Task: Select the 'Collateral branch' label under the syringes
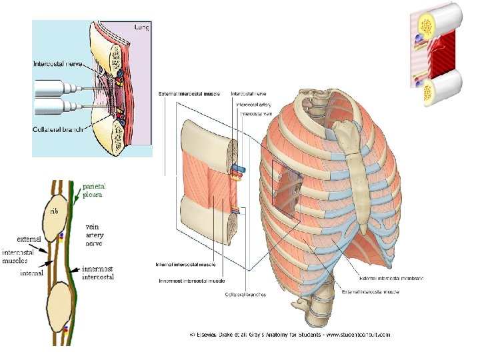click(x=59, y=129)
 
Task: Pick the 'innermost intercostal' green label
click(x=98, y=272)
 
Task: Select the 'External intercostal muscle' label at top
click(x=191, y=94)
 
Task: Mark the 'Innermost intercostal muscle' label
click(x=192, y=281)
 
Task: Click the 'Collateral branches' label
click(x=245, y=295)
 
